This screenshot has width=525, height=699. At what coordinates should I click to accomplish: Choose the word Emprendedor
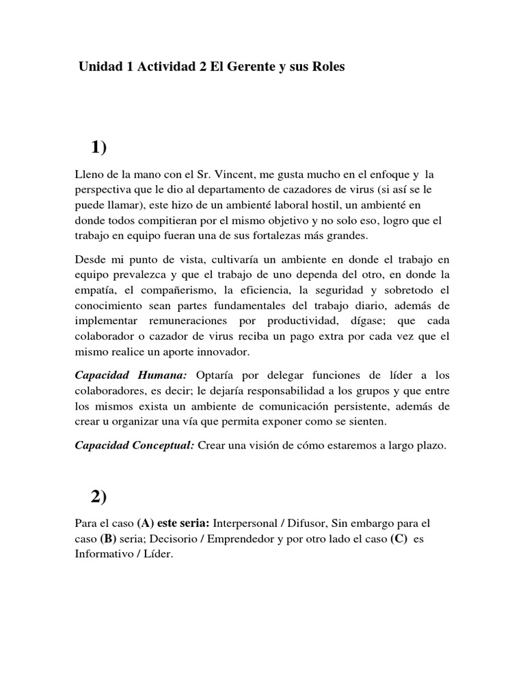click(x=264, y=539)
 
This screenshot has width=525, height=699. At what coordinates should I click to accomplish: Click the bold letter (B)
click(x=108, y=539)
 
